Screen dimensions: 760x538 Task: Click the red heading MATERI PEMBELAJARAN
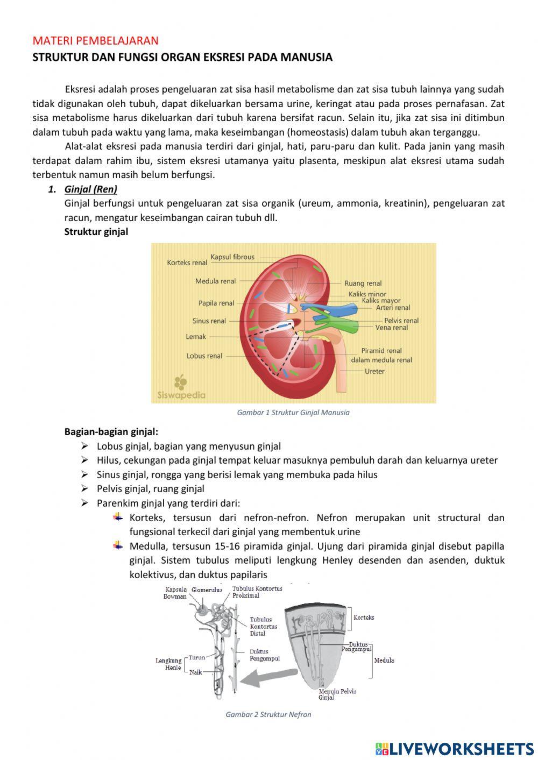(95, 41)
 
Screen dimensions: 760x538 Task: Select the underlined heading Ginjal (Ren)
(90, 189)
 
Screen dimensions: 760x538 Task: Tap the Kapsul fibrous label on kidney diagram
(232, 257)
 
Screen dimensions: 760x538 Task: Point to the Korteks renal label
(187, 263)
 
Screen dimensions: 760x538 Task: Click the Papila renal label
(216, 303)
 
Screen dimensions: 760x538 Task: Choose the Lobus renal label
(204, 356)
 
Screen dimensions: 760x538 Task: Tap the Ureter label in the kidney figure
(374, 371)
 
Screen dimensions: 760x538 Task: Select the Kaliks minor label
(367, 294)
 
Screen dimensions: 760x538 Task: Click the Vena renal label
(392, 328)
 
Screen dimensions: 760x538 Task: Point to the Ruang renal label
(363, 283)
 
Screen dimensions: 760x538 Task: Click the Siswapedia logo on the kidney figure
(181, 388)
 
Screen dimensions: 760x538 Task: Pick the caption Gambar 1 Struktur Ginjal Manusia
(293, 413)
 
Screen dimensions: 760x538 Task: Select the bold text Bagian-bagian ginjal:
(111, 431)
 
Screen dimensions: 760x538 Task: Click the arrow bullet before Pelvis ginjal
(84, 488)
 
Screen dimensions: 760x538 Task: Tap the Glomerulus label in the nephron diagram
(207, 590)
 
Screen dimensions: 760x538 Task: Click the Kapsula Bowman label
(175, 593)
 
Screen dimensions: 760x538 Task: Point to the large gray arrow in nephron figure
(267, 677)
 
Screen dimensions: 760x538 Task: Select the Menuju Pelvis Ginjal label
(337, 694)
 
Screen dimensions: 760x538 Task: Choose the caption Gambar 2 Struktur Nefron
(268, 714)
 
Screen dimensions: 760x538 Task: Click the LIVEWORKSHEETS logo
(455, 748)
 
